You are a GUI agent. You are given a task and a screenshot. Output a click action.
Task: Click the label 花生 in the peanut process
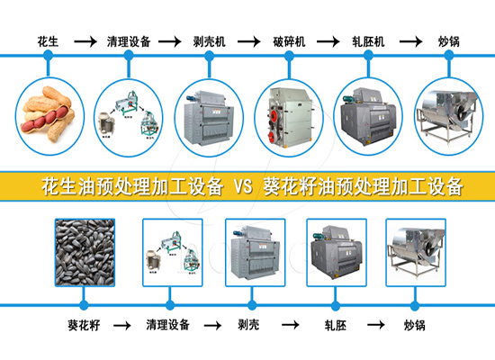click(x=49, y=40)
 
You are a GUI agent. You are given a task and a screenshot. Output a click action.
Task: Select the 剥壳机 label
click(x=211, y=40)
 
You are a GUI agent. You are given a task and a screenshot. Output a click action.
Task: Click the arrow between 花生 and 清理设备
click(x=85, y=40)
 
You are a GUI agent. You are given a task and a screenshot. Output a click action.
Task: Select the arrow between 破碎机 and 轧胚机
click(x=328, y=40)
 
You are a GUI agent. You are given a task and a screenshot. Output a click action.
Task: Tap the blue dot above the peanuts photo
click(x=49, y=56)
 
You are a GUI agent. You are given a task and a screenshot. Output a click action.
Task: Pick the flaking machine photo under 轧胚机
click(x=368, y=117)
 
